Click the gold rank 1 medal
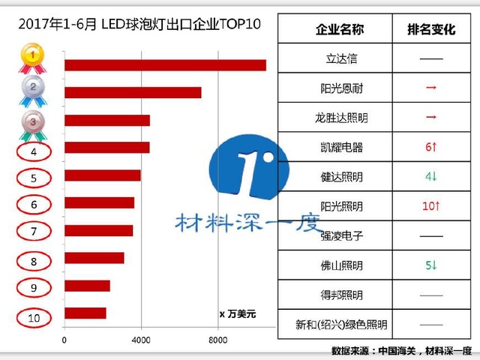pos(31,55)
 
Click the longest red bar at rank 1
pos(165,64)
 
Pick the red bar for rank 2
pos(133,92)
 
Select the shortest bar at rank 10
pos(85,313)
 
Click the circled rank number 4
pos(34,152)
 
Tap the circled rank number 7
pos(34,231)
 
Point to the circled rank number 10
pos(34,317)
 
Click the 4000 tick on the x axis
pos(142,340)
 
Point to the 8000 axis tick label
pos(217,340)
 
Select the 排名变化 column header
pos(430,29)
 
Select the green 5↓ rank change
pos(430,265)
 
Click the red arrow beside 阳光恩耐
pos(430,88)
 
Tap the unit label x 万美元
pos(237,313)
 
